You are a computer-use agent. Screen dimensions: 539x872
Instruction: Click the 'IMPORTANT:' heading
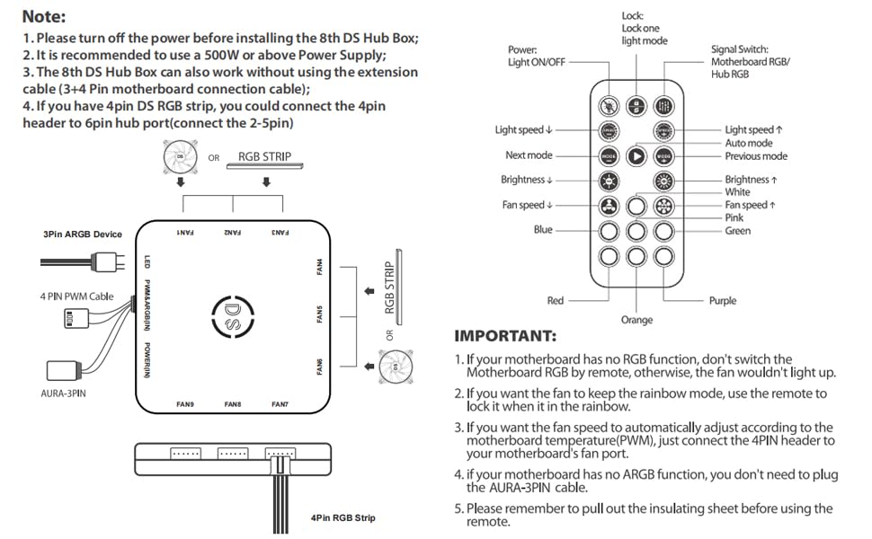click(x=505, y=336)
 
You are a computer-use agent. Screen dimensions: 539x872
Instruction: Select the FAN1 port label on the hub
click(x=185, y=233)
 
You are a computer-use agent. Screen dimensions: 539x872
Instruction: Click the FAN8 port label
click(x=233, y=405)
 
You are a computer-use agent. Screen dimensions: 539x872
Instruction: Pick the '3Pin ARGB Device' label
click(x=83, y=234)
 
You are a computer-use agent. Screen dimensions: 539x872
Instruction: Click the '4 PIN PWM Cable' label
click(x=76, y=296)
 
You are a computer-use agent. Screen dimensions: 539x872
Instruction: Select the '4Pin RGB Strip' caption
click(x=343, y=517)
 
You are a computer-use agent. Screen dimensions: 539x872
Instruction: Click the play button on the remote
click(x=636, y=155)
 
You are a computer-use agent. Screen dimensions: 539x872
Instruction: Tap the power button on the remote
click(x=609, y=104)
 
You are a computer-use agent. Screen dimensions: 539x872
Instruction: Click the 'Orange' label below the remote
click(x=636, y=320)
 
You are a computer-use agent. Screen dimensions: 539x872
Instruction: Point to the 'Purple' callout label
click(x=722, y=301)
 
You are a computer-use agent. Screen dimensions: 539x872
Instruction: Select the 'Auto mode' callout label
click(x=749, y=143)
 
